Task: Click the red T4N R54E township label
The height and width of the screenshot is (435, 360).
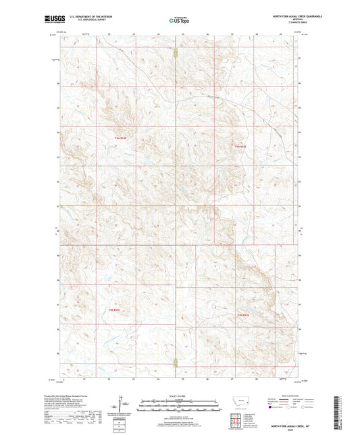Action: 121,139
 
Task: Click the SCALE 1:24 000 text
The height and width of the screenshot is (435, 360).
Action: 180,396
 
